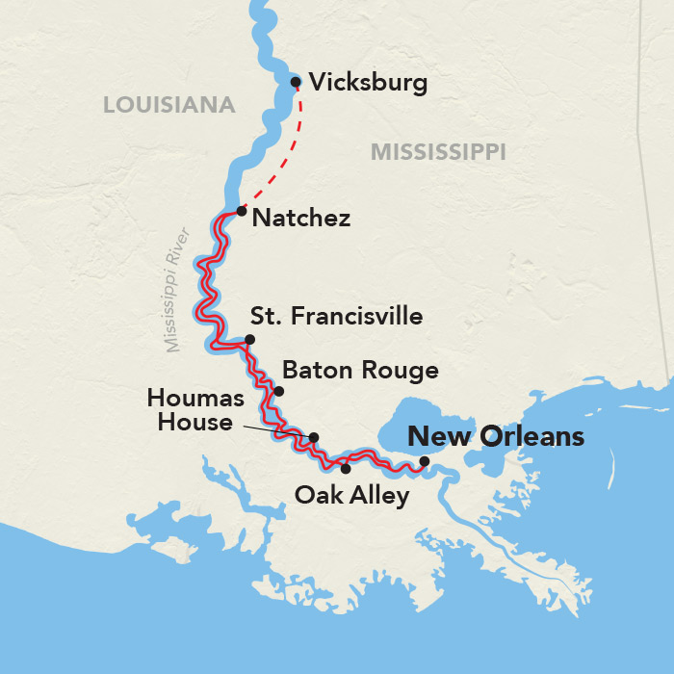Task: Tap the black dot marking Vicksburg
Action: pos(296,82)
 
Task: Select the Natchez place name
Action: pos(299,218)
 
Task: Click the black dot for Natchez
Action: pos(242,210)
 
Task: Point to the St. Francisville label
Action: pos(336,316)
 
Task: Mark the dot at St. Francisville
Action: pos(249,339)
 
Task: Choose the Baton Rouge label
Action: pos(360,370)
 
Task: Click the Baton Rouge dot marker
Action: pos(279,391)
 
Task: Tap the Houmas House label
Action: pos(190,409)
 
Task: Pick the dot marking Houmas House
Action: pos(313,437)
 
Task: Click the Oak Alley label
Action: pos(351,496)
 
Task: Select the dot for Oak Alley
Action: pos(346,469)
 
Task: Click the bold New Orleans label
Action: pos(496,436)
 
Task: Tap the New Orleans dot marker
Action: pos(425,460)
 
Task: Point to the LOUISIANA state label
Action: pos(169,105)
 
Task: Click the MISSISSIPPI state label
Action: pos(438,151)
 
